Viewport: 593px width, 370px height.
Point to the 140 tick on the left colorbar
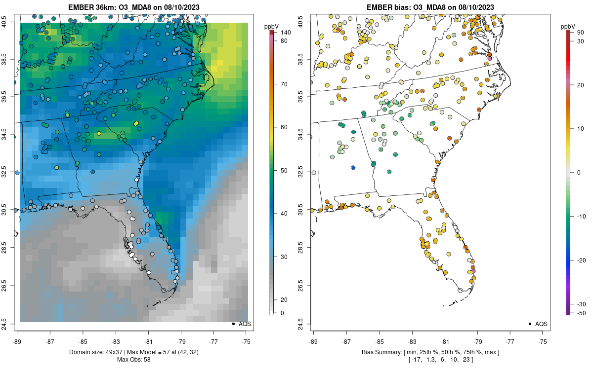(x=285, y=32)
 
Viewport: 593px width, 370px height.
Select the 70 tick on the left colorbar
(x=284, y=84)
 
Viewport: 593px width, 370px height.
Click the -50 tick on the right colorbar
(x=581, y=313)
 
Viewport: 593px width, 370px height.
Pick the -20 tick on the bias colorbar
(x=581, y=260)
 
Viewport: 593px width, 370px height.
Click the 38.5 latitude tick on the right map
(x=306, y=60)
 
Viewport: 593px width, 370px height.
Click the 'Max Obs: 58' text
(x=134, y=359)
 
